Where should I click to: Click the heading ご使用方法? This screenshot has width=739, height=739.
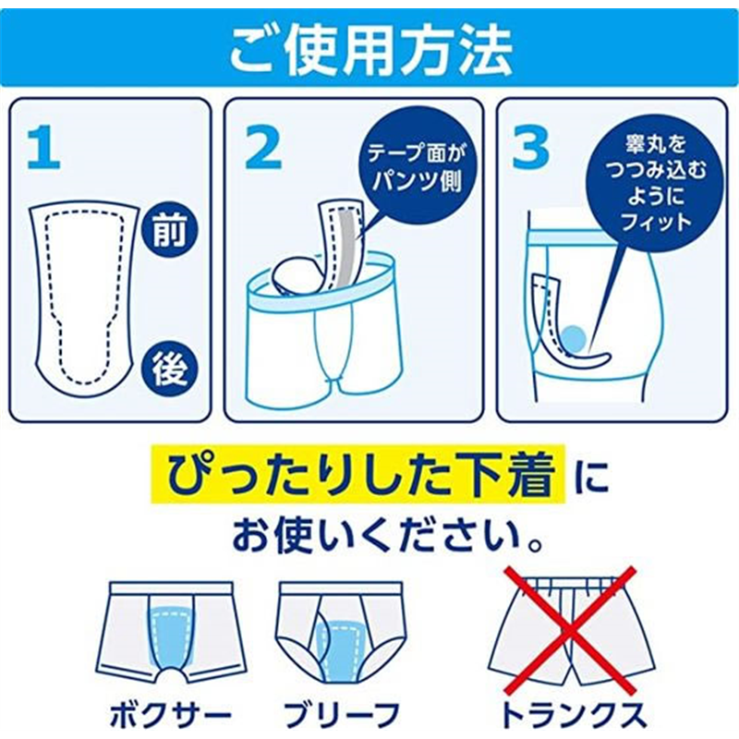click(x=370, y=50)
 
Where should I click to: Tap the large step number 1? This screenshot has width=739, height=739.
click(x=43, y=149)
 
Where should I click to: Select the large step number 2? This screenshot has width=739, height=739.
click(x=263, y=149)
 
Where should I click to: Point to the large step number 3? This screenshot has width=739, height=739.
click(x=530, y=149)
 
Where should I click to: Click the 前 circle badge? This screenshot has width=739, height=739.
click(x=169, y=232)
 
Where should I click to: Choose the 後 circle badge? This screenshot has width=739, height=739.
click(x=169, y=369)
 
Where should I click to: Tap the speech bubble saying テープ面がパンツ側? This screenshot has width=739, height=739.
click(x=418, y=168)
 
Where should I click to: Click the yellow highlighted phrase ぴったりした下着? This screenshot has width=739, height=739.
click(x=359, y=474)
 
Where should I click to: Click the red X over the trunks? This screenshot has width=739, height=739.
click(x=570, y=631)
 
